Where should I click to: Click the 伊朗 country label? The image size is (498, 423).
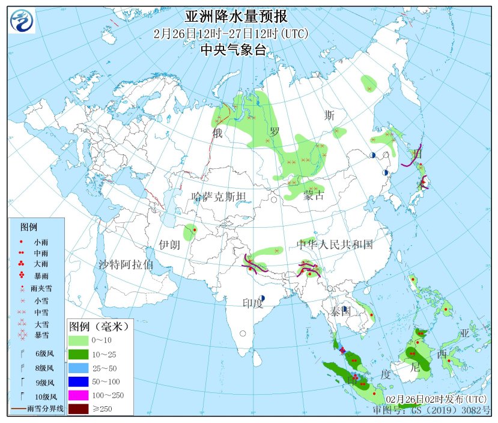(x=169, y=245)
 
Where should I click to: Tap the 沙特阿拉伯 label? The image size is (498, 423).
(x=126, y=264)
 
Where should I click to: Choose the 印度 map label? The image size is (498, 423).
(x=252, y=303)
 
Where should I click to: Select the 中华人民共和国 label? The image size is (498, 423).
(x=335, y=245)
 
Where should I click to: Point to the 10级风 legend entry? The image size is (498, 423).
(x=46, y=397)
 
